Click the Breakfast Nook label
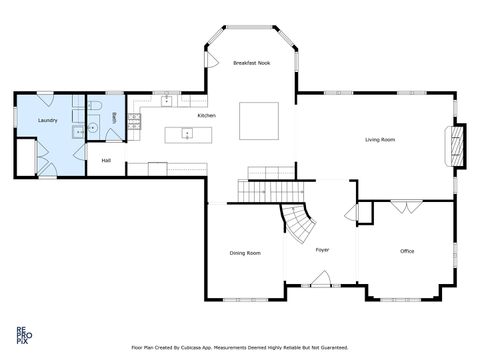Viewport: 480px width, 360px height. [252, 63]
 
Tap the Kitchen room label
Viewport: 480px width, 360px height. [207, 116]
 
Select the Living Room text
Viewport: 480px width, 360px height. [379, 140]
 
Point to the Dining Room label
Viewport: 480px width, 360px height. [245, 253]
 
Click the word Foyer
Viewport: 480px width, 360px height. [322, 249]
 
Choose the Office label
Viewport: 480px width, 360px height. [407, 251]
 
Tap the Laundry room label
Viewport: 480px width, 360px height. [47, 121]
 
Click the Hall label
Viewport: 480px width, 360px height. [106, 160]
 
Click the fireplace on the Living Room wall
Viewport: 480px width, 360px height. [458, 143]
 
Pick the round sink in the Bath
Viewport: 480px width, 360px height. [93, 128]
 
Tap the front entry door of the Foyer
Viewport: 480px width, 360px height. [322, 286]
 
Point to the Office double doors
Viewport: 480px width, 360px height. [405, 206]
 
